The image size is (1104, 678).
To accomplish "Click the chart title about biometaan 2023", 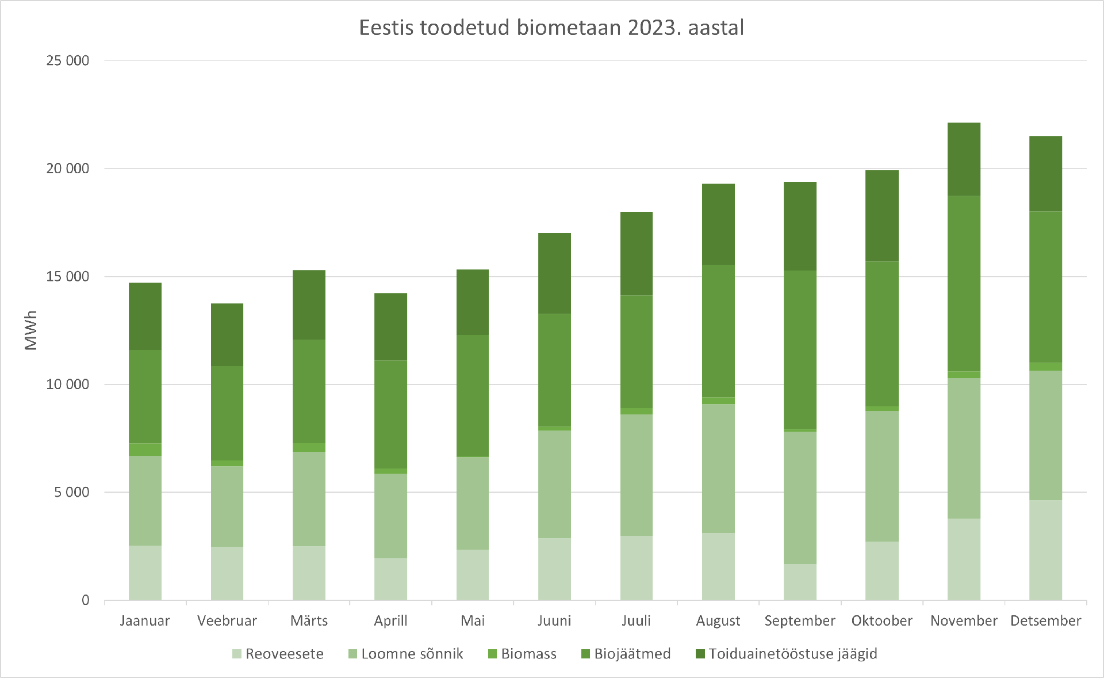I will pos(551,28).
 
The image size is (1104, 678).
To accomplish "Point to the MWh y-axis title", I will pos(30,330).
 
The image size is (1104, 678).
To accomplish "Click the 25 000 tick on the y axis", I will pos(68,60).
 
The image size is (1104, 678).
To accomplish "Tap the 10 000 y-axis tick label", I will pos(68,384).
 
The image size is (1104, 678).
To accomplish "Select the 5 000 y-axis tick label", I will pos(72,492).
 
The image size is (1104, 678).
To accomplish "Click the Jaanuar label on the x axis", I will pos(145,620).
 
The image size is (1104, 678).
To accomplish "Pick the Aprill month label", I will pos(390,620).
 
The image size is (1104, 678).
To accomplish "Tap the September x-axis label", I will pos(800,620).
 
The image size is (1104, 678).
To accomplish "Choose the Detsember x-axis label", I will pos(1045,620).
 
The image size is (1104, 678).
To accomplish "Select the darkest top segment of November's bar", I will pos(964,159).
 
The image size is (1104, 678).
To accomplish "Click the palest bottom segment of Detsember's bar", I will pos(1045,550).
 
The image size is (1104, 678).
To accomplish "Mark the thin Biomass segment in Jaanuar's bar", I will pos(145,450).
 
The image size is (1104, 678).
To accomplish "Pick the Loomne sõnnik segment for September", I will pos(800,497).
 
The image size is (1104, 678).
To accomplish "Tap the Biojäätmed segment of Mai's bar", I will pos(473,396).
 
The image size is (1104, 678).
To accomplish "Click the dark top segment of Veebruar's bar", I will pos(227,335).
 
